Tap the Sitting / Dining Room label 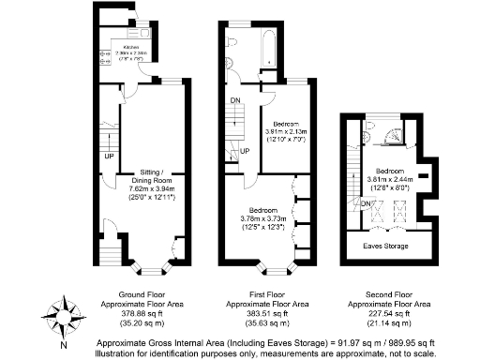(138, 178)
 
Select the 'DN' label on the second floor (365, 203)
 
